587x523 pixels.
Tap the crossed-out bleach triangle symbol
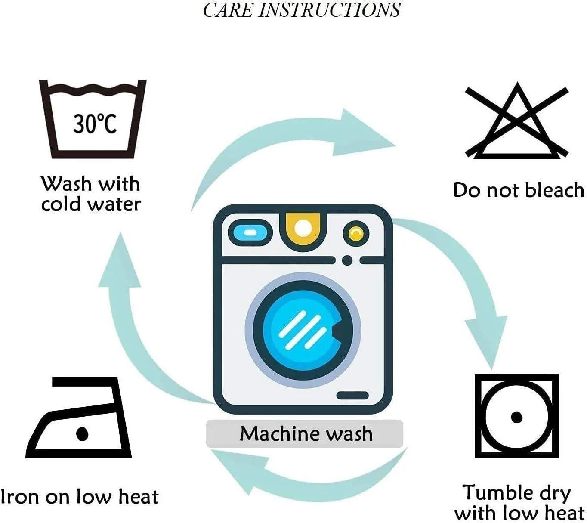(517, 123)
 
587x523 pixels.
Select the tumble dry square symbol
(516, 416)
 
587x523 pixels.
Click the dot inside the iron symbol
(82, 433)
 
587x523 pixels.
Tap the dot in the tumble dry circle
(516, 417)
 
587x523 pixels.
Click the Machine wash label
(305, 433)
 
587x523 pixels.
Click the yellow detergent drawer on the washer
(303, 229)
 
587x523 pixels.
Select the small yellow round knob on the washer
(355, 233)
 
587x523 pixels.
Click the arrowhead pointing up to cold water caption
(120, 262)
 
